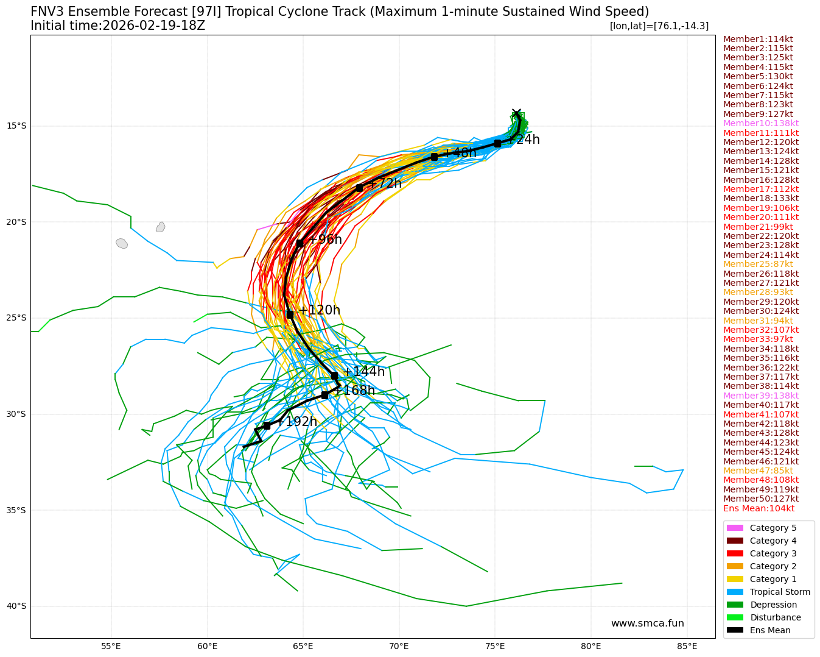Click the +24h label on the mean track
[524, 140]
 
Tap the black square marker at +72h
[360, 188]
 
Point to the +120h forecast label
[319, 310]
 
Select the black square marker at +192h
[267, 425]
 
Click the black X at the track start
[516, 113]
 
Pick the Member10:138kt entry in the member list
[761, 123]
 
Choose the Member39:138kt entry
[761, 396]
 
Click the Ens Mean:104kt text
[759, 508]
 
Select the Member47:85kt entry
[758, 471]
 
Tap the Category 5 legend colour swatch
[735, 528]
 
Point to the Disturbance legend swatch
[735, 617]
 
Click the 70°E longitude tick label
[399, 646]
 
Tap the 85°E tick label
[687, 646]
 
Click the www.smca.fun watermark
[647, 623]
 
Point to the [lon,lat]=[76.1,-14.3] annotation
[659, 26]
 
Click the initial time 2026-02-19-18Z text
[117, 26]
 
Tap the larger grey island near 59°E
[122, 243]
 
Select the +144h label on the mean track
[363, 372]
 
